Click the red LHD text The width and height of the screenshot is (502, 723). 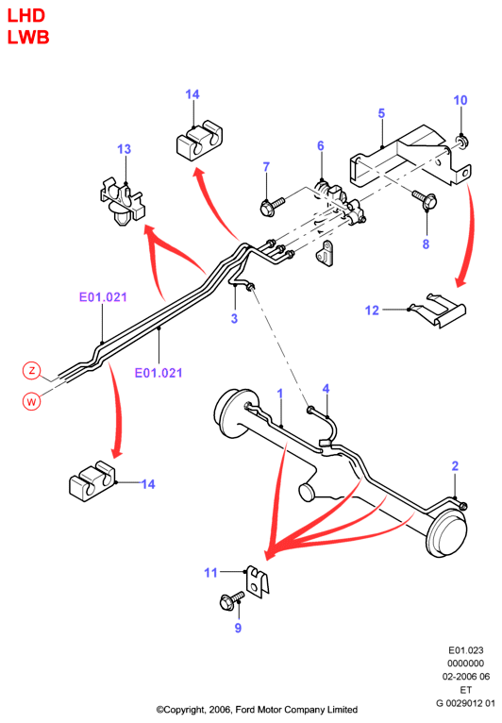click(26, 16)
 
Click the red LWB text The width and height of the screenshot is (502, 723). click(28, 38)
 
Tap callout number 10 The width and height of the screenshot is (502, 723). click(460, 100)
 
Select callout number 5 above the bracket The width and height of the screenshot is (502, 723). click(381, 113)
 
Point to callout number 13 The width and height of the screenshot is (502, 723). click(124, 149)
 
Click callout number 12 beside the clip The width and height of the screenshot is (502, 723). click(372, 311)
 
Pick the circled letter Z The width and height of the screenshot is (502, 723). click(32, 370)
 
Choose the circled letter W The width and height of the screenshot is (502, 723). click(31, 401)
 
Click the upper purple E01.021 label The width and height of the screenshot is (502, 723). click(103, 297)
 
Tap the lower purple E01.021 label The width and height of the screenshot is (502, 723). click(159, 373)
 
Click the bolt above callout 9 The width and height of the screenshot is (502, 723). click(232, 601)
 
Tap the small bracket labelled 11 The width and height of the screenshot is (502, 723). click(258, 581)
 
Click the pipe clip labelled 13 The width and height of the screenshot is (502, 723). click(123, 201)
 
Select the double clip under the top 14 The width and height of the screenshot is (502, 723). click(199, 141)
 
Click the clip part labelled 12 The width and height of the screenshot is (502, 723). click(438, 310)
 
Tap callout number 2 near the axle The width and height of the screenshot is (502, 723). click(455, 465)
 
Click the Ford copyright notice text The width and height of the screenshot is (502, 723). click(257, 709)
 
